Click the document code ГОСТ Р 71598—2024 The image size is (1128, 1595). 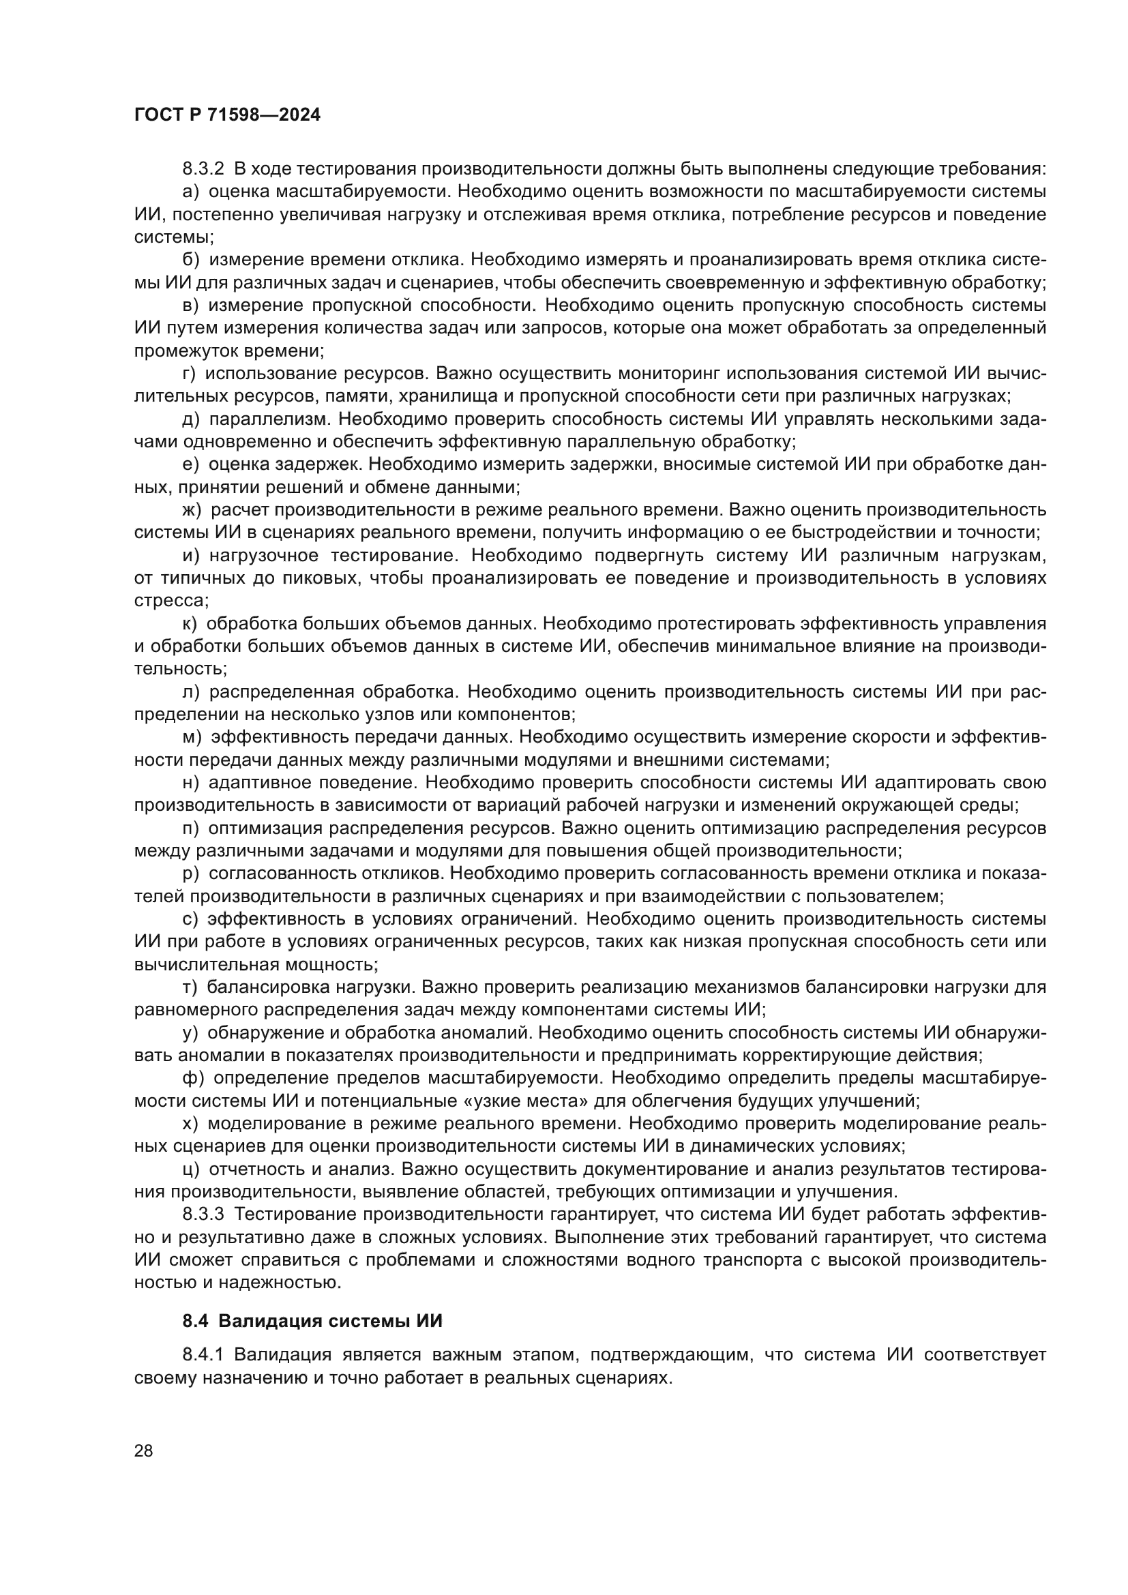(227, 115)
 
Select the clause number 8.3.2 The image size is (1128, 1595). (203, 169)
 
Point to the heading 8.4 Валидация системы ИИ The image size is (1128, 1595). (312, 1321)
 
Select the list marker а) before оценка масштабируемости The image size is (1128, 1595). (191, 192)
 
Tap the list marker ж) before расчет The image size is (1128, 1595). (192, 510)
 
